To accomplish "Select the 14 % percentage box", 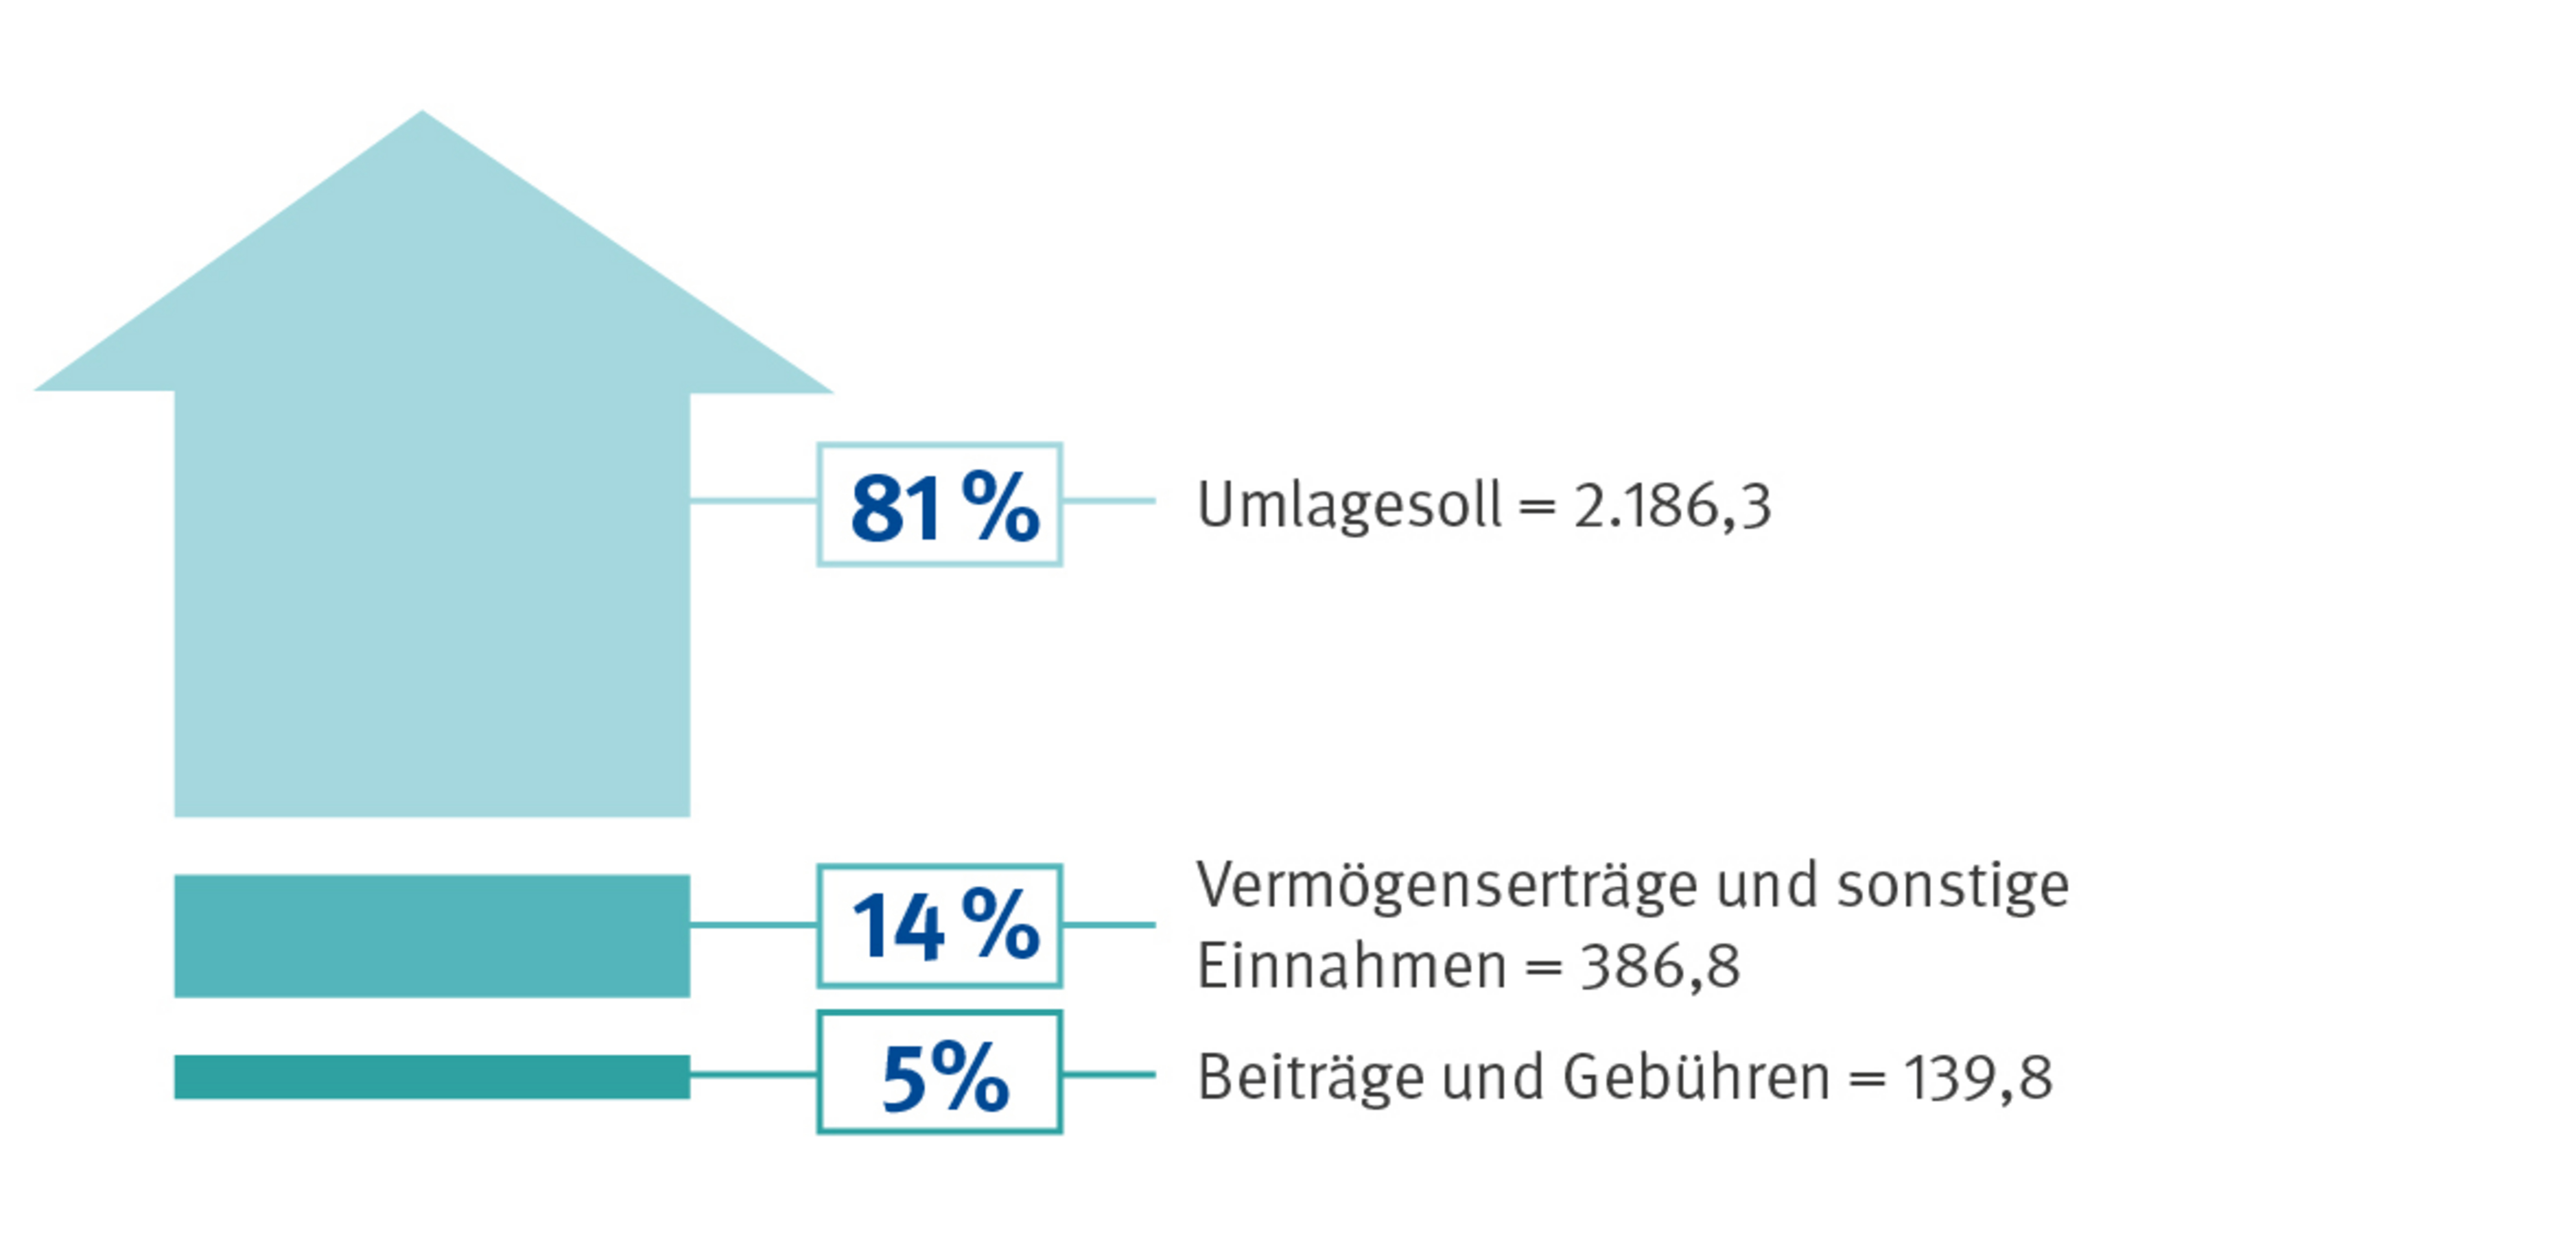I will click(939, 925).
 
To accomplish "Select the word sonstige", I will click(1953, 886).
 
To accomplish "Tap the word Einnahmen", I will click(1352, 966).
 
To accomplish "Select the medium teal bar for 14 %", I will click(432, 935).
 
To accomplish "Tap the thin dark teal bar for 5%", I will click(432, 1077).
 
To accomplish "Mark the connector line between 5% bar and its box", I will click(753, 1074).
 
